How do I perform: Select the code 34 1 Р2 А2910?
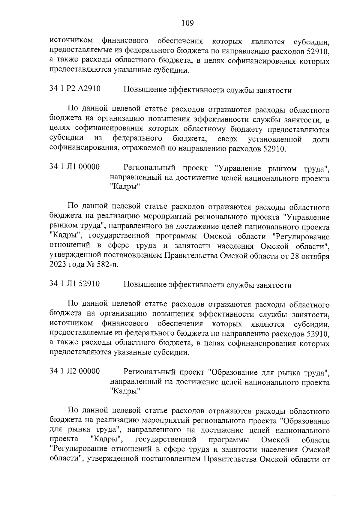75,89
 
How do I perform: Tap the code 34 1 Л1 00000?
75,167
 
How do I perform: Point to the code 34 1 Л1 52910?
75,284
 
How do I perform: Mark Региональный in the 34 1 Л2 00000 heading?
149,373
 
